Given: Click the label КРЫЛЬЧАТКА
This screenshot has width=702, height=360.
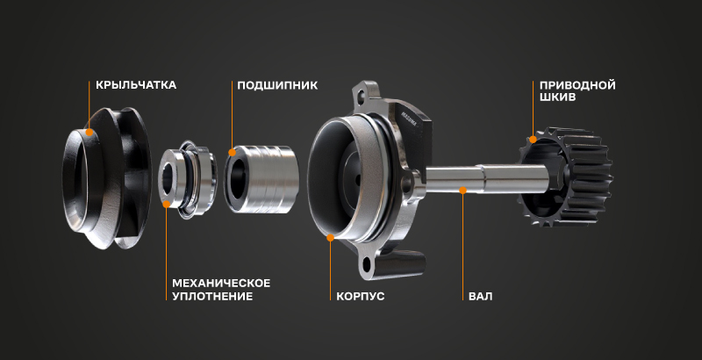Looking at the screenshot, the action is (136, 85).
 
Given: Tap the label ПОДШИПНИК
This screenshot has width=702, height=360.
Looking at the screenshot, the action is (277, 85).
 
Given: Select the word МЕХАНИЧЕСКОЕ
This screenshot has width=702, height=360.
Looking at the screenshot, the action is (221, 284).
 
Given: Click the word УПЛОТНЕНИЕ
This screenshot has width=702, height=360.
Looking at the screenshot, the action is (212, 297).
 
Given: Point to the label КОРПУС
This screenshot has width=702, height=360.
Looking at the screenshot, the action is (361, 297).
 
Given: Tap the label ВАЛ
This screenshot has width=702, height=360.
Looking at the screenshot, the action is (480, 297).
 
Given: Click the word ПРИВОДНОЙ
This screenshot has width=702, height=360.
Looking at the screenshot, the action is (577, 85).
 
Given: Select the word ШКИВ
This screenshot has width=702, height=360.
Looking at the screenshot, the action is (557, 97).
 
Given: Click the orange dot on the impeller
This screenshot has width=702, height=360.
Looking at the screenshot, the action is (90, 132).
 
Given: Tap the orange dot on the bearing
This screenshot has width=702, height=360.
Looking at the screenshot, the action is (232, 152).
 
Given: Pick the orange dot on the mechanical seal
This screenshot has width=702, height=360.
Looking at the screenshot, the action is (166, 205).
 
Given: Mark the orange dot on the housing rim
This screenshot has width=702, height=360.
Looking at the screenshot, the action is (331, 237).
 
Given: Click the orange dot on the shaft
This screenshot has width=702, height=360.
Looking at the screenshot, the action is (463, 191).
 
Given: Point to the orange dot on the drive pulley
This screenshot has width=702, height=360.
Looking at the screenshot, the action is (533, 140).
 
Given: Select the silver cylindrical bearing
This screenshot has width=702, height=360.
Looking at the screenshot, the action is (261, 178).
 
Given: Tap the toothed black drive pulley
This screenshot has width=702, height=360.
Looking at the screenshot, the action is (566, 176).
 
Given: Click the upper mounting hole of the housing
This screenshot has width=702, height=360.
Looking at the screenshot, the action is (362, 95).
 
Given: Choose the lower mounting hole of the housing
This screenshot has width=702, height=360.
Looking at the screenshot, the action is (367, 264).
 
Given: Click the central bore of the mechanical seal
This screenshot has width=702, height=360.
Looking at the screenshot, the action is (168, 177).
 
